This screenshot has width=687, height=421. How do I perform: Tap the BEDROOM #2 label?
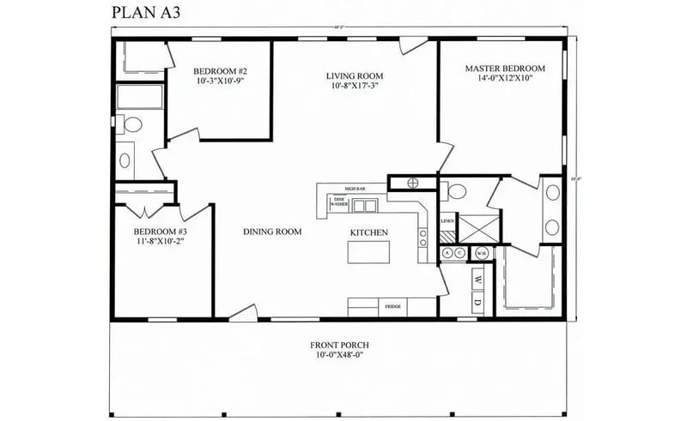point(220,70)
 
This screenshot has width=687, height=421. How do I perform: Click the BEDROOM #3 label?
point(160,232)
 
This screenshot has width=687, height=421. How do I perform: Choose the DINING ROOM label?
point(272,232)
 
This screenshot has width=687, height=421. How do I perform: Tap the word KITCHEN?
point(368,232)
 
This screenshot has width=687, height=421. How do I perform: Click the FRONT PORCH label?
point(339,346)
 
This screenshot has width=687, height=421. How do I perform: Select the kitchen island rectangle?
point(368,253)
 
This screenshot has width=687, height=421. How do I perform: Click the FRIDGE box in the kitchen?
point(392,306)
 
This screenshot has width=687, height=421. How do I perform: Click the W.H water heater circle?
point(482,253)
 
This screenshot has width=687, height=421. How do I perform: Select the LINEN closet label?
point(447,221)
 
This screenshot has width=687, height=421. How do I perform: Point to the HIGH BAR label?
point(356,188)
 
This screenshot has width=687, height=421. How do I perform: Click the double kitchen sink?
point(365,205)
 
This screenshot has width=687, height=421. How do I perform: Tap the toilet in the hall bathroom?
point(132,125)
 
